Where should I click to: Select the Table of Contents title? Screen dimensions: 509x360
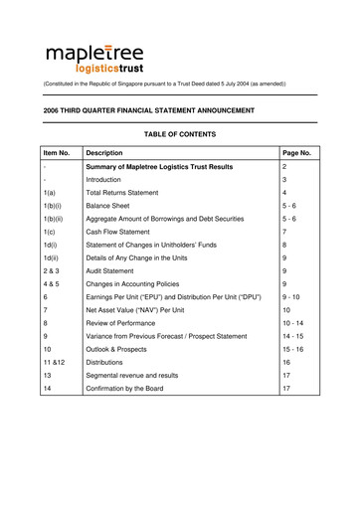179,134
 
